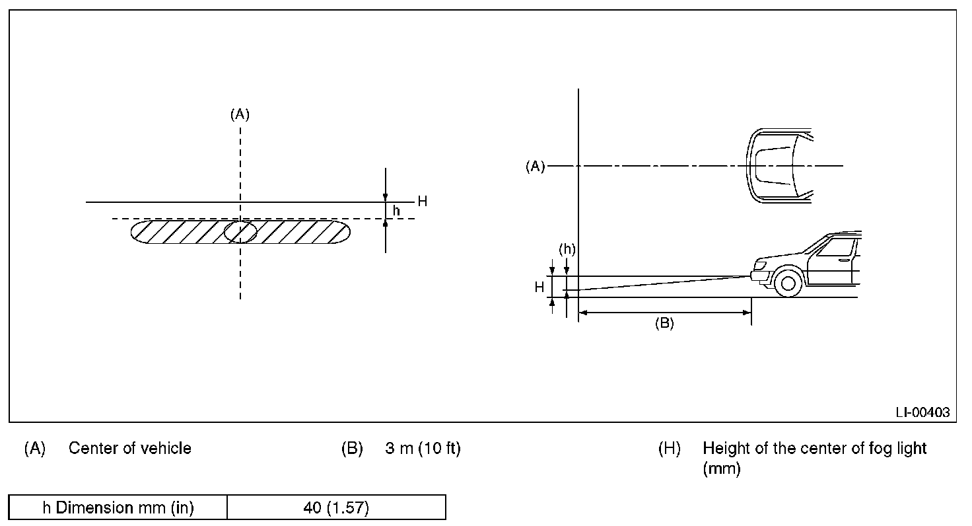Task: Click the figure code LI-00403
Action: pos(922,412)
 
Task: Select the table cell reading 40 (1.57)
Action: pos(336,507)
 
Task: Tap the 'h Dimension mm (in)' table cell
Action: pos(118,507)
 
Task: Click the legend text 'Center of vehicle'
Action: pos(130,448)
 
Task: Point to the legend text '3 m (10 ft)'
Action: pos(423,448)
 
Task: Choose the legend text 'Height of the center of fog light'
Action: pos(815,448)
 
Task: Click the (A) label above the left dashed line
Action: pos(240,114)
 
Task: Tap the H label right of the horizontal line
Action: pos(422,202)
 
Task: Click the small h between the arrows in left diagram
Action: pos(396,209)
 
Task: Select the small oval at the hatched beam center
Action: pos(240,232)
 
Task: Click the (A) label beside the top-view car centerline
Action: pos(535,167)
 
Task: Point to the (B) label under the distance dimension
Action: pos(664,324)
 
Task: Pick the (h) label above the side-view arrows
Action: pos(567,249)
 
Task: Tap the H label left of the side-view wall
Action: pos(539,287)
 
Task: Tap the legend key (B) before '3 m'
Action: pos(352,448)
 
